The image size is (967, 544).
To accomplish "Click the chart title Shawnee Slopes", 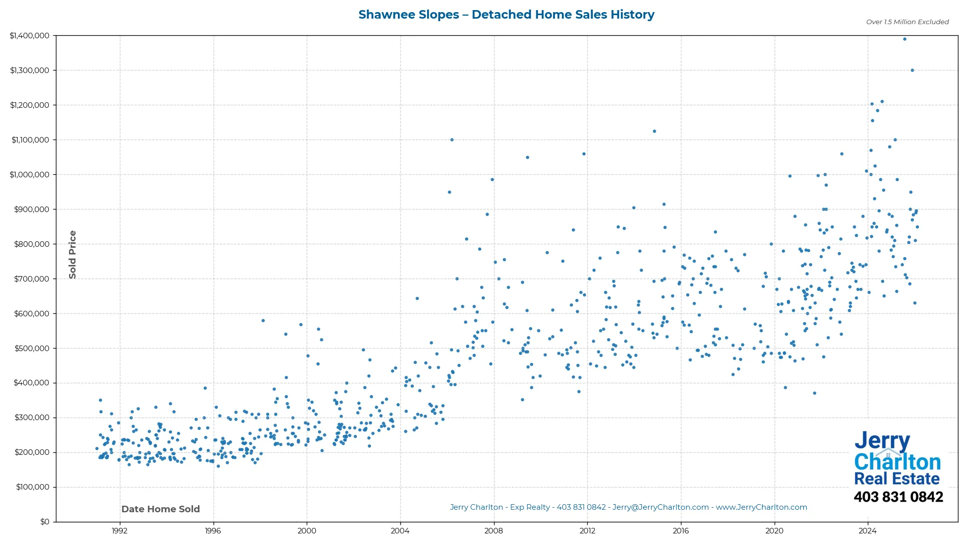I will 506,15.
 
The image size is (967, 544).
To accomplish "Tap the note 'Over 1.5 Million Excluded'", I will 907,22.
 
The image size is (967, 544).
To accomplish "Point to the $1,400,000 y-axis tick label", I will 30,36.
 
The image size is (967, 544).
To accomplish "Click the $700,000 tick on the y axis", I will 32,279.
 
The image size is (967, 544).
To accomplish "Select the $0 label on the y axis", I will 45,522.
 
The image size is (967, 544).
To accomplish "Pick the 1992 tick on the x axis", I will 119,531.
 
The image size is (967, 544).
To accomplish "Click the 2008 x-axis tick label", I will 494,531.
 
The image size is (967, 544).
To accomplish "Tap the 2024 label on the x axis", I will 868,531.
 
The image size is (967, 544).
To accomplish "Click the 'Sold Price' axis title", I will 73,254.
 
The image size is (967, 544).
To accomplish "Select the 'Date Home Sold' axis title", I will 161,509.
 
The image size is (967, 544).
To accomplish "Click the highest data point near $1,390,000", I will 905,39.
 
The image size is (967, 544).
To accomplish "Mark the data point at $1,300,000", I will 912,71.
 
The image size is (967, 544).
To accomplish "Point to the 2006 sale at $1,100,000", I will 452,140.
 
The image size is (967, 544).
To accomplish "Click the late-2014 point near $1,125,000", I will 654,131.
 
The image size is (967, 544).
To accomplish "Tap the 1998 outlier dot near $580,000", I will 263,321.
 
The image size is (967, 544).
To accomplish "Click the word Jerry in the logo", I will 882,441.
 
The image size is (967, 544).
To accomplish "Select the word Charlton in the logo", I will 897,462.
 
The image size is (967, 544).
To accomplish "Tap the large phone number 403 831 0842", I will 898,497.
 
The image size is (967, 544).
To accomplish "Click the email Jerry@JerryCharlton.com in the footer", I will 661,508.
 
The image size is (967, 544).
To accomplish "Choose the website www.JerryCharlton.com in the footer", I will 762,508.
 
